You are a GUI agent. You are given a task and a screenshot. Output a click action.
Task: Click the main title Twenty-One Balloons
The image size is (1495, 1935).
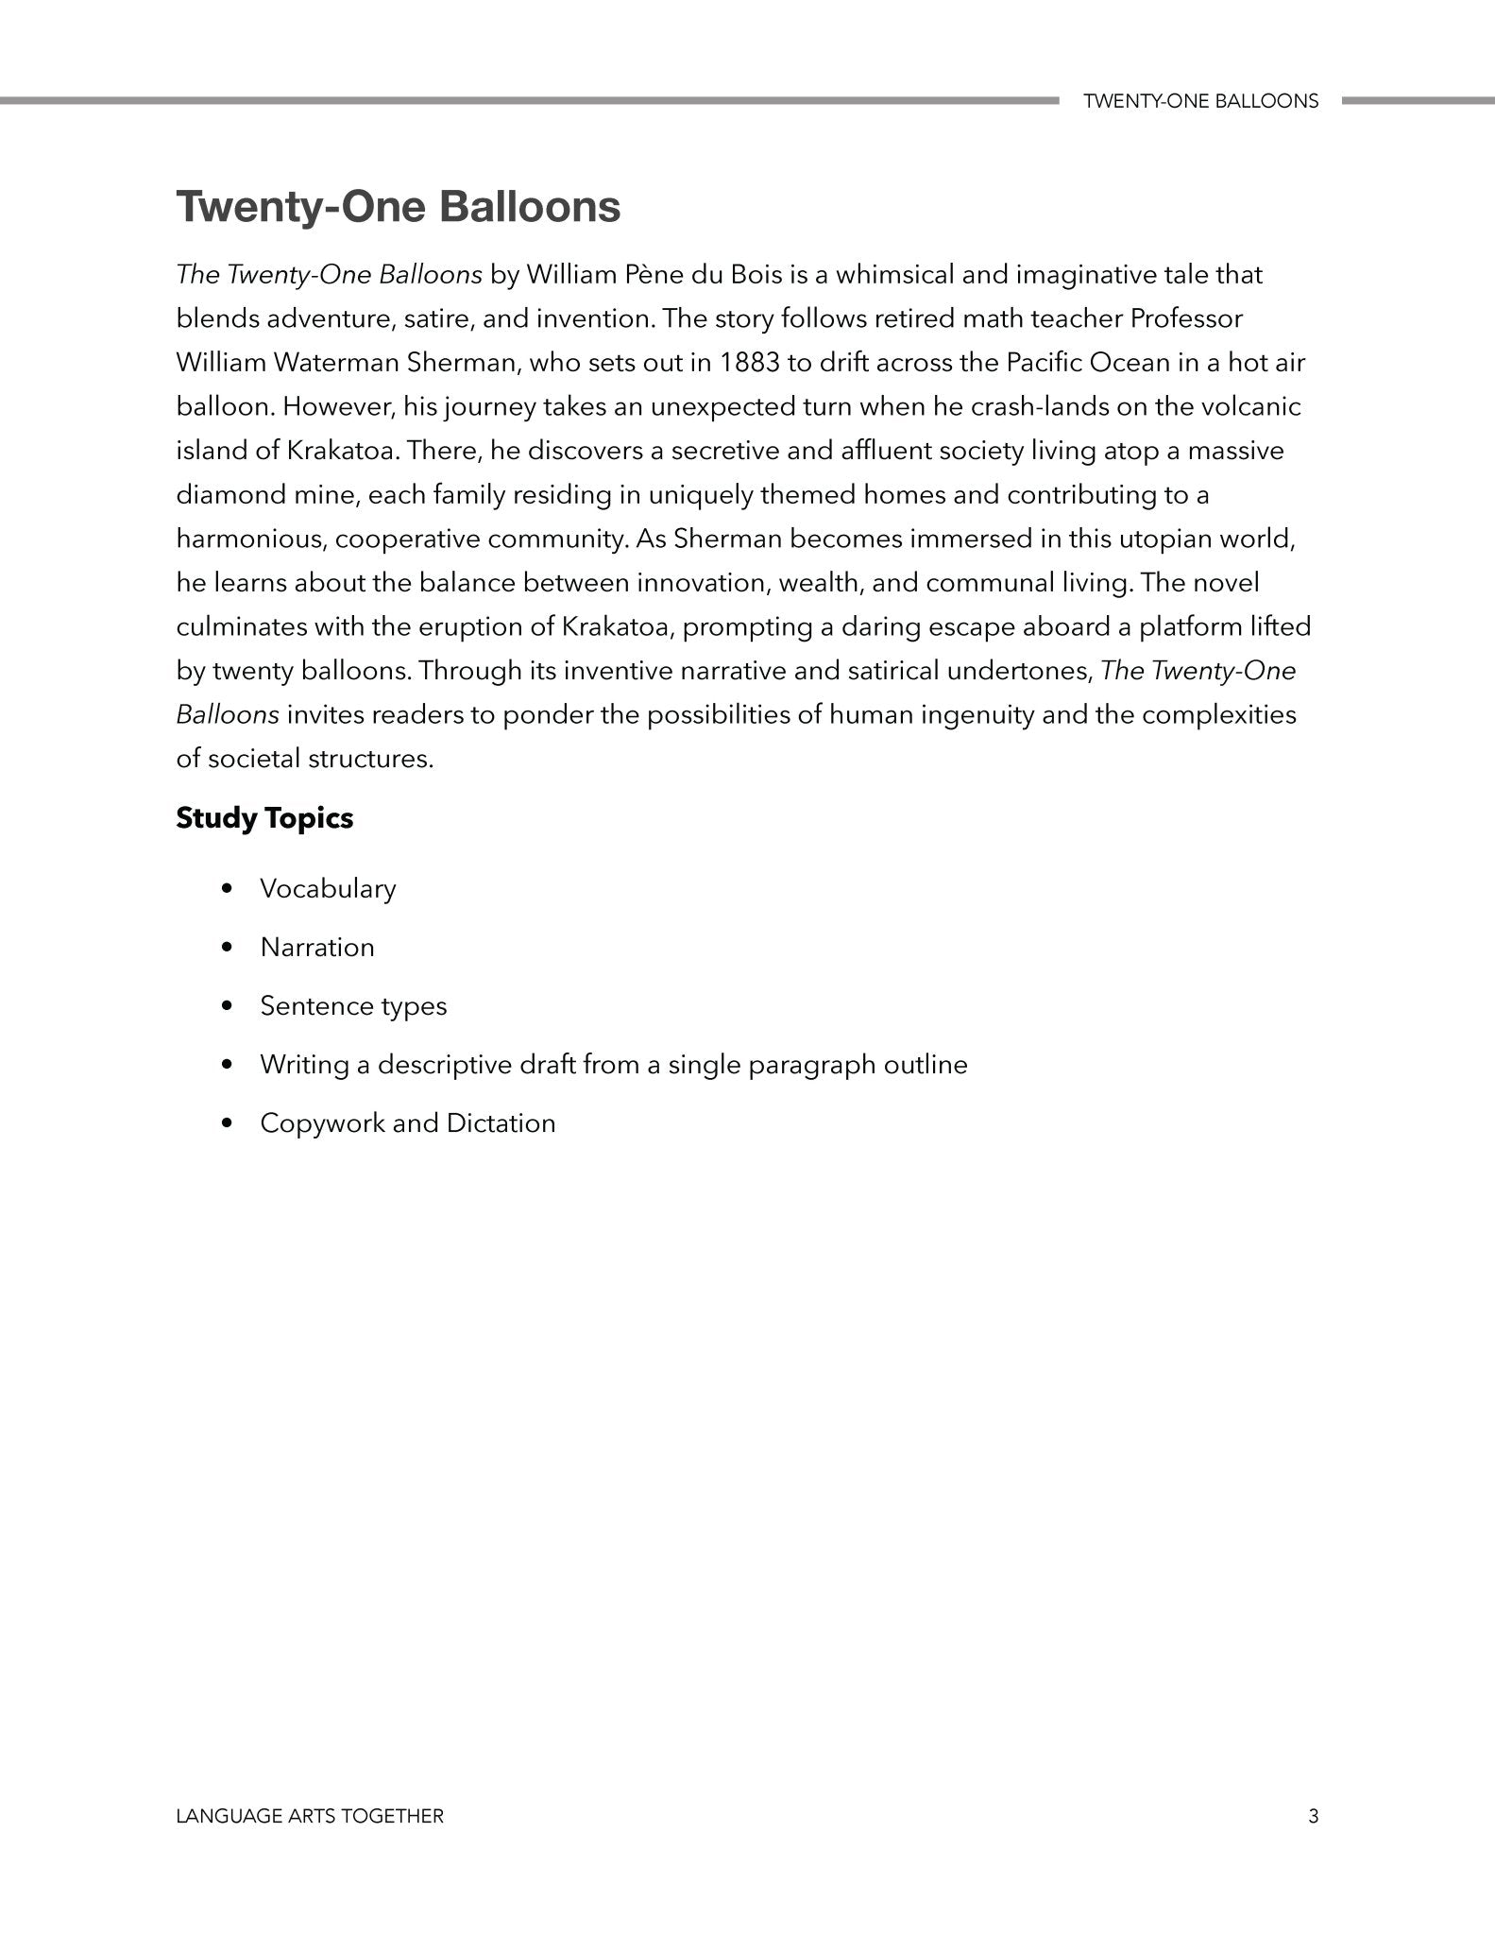398,207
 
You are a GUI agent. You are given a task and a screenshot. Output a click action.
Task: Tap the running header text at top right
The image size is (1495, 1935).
1200,101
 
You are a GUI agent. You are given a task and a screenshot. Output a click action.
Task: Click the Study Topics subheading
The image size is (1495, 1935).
264,818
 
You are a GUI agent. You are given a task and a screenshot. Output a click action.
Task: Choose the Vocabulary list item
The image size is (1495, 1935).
328,889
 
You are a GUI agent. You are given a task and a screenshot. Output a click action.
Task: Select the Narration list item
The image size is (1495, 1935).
317,948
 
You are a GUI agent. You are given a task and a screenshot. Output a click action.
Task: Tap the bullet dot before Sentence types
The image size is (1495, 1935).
225,1006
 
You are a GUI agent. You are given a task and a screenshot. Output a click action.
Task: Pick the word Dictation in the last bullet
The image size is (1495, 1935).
501,1123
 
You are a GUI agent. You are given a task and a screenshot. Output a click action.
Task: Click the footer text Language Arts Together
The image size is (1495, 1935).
310,1816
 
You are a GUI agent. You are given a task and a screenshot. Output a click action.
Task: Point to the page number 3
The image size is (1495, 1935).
1313,1816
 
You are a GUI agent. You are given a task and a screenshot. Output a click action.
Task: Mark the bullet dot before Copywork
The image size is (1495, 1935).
225,1123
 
